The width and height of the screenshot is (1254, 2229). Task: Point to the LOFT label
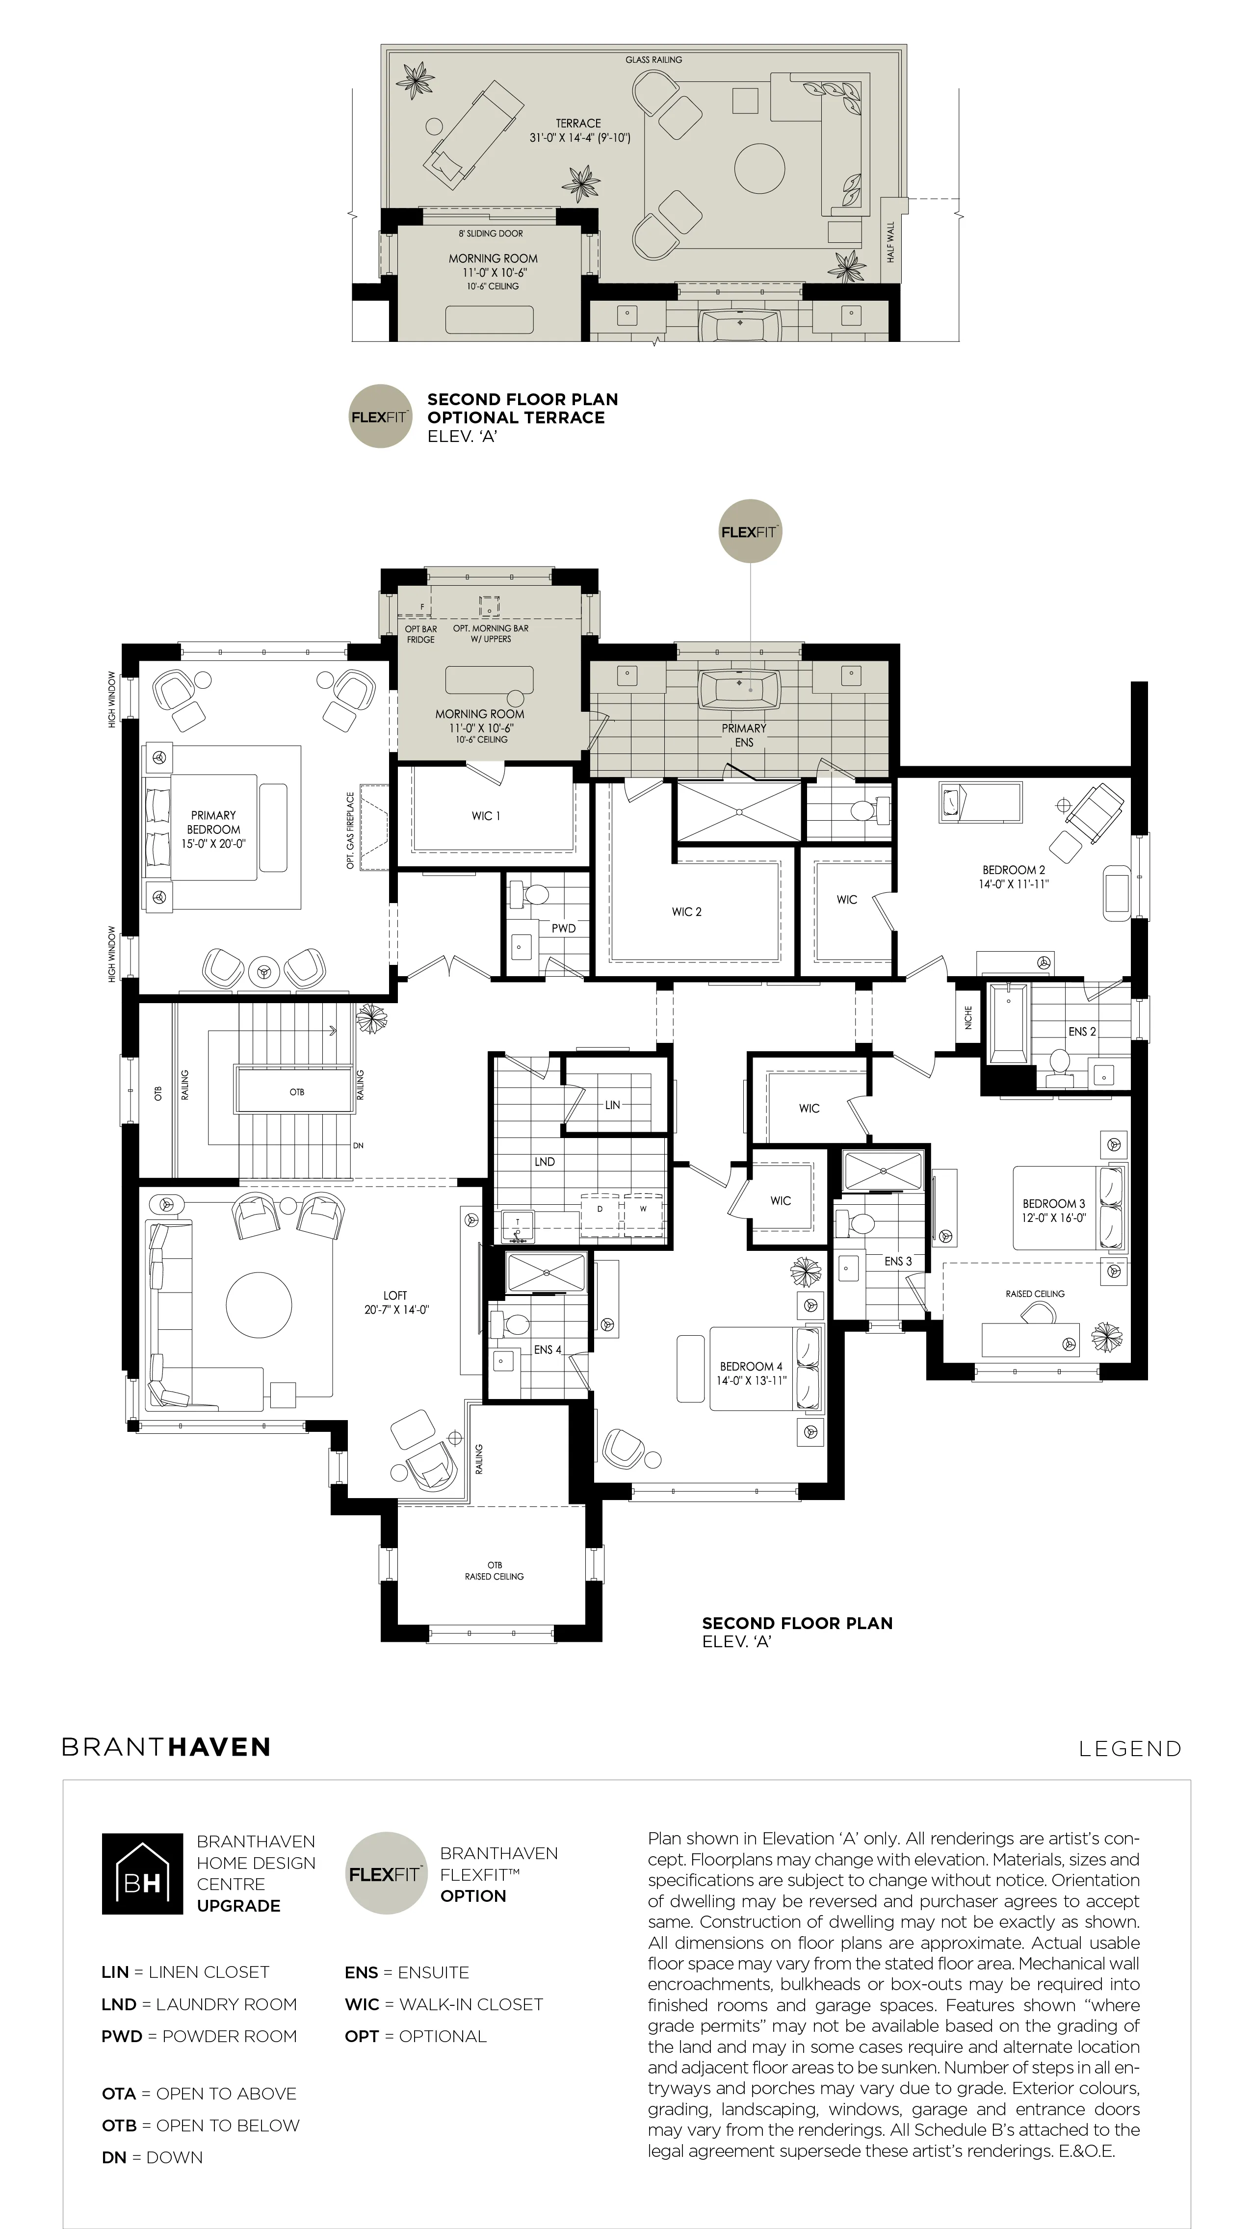[395, 1296]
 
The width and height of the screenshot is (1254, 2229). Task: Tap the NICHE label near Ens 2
[968, 1017]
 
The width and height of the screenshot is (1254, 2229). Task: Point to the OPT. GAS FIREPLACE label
[350, 830]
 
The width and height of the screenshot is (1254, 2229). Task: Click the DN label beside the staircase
[358, 1146]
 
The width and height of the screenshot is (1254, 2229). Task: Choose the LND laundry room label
[545, 1161]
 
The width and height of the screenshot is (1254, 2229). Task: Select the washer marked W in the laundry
[643, 1209]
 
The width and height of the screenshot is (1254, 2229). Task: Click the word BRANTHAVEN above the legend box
[166, 1747]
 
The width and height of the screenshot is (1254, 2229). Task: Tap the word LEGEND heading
[1130, 1749]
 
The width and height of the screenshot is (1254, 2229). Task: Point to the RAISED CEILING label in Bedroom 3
[1035, 1294]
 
